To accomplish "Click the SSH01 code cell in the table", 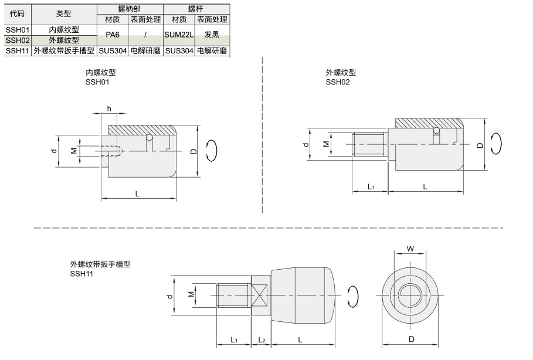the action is click(x=18, y=29).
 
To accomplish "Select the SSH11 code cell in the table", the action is click(x=18, y=50).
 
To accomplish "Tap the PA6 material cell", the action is click(x=113, y=35).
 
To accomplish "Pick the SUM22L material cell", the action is click(x=179, y=35).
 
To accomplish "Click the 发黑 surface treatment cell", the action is click(x=212, y=35).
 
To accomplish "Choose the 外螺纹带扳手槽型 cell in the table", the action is click(x=64, y=50).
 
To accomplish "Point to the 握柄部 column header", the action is click(x=129, y=9).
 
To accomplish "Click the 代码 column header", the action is click(x=18, y=14).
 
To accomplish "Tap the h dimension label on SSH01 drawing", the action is click(x=109, y=108).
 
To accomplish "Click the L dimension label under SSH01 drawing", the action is click(x=137, y=193).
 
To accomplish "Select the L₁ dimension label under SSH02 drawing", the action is click(x=371, y=186).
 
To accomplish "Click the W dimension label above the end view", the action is click(x=410, y=249).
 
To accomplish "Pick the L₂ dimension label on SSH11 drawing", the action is click(x=262, y=340).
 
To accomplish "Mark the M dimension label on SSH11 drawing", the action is click(x=191, y=294).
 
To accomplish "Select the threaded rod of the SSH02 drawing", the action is click(x=370, y=144).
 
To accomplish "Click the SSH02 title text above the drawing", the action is click(x=338, y=82).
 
